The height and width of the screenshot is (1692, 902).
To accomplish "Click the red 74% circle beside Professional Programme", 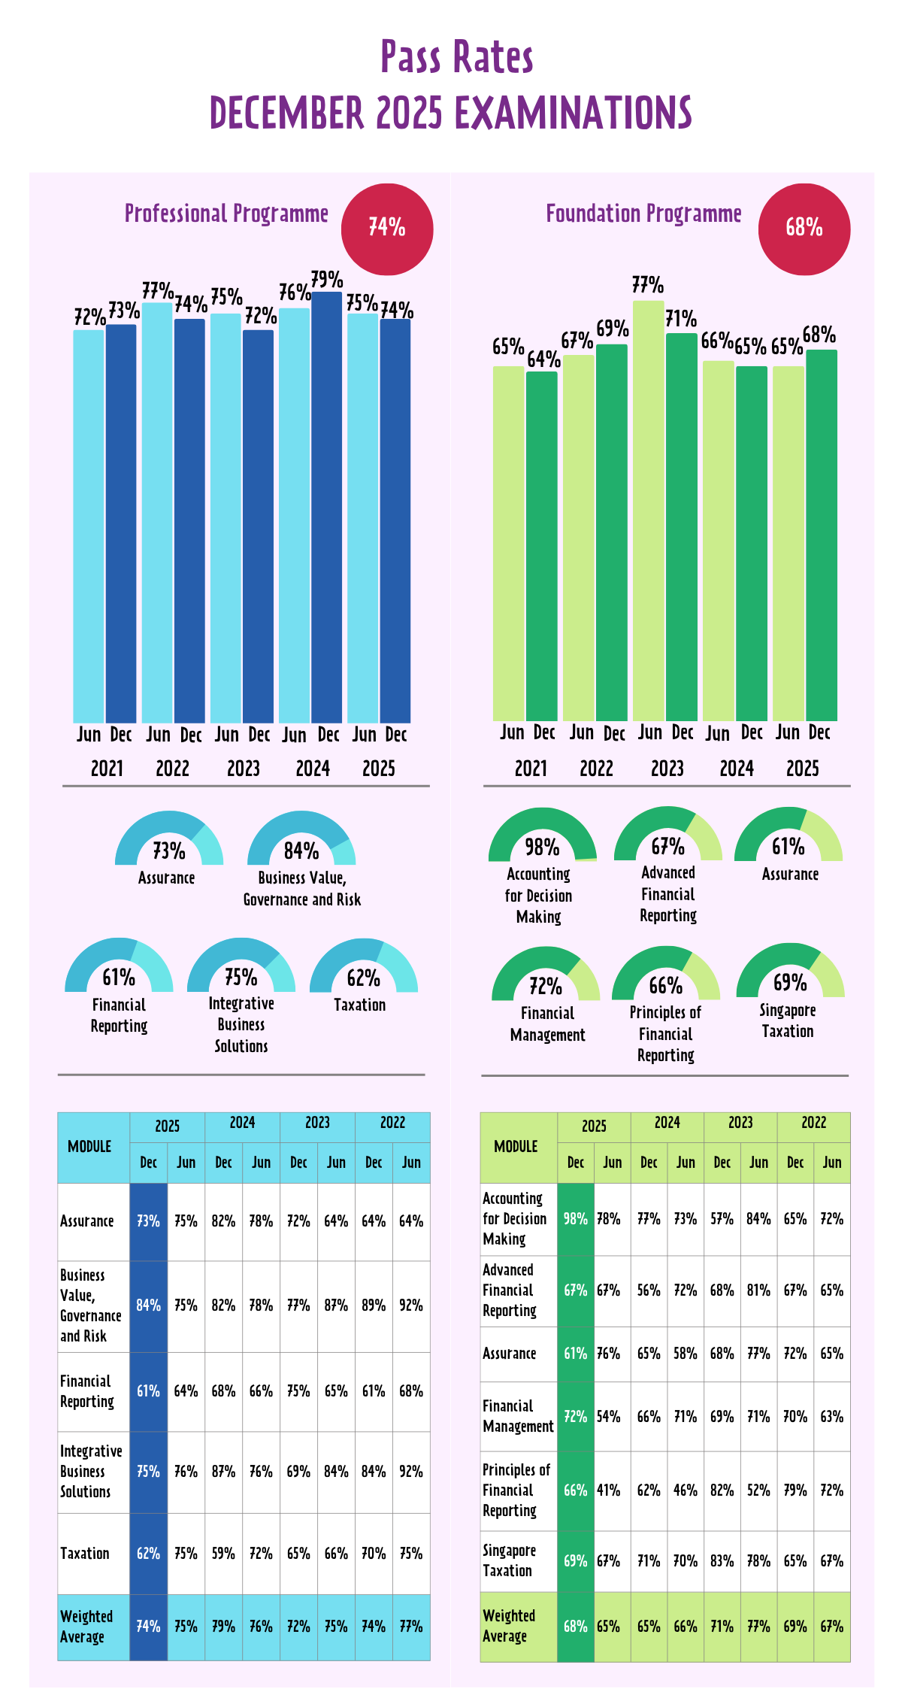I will coord(387,229).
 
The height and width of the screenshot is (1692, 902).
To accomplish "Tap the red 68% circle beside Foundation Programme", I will coord(804,229).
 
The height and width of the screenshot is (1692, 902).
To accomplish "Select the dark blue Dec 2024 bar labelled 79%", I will coord(327,508).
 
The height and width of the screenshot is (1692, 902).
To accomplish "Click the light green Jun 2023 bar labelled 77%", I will coord(649,511).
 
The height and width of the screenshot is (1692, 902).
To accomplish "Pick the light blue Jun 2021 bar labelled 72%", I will coord(89,526).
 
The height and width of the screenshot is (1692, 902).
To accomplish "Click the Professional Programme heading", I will coord(226,214).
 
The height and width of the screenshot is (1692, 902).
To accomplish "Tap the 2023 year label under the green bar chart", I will coord(667,769).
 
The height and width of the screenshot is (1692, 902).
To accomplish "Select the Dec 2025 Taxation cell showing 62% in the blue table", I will coord(148,1554).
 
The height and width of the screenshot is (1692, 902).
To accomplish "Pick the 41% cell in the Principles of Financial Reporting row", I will coord(609,1490).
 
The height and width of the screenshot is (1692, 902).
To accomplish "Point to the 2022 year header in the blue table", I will coord(392,1123).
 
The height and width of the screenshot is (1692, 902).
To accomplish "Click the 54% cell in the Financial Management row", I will coord(609,1417).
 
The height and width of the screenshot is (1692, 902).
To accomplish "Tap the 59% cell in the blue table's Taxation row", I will coord(223,1554).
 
